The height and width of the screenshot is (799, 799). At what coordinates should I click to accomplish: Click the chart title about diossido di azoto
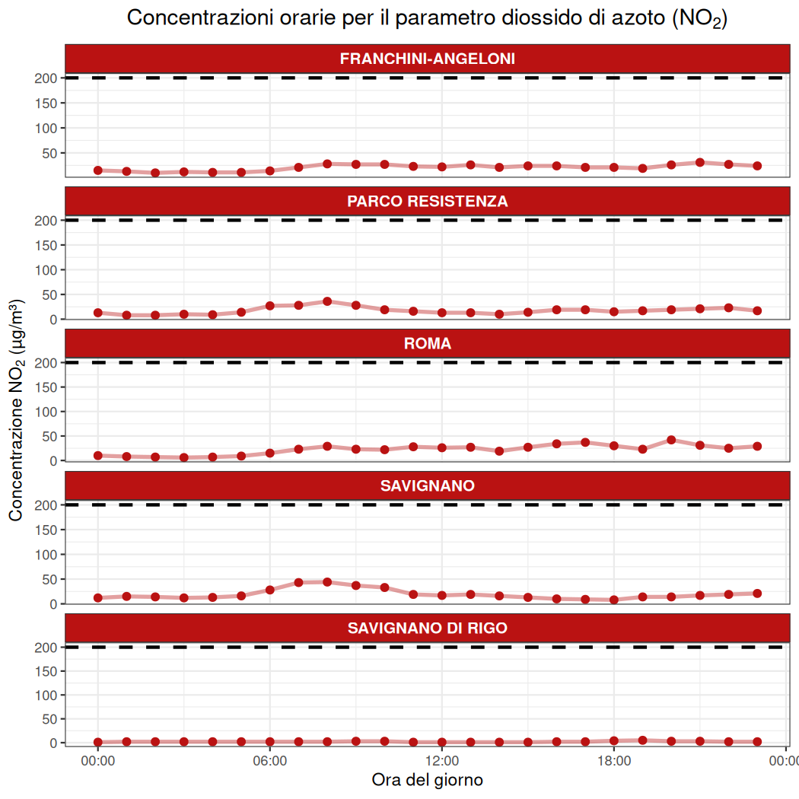[x=427, y=18]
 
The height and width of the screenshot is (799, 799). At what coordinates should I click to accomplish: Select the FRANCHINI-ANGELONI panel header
[x=427, y=59]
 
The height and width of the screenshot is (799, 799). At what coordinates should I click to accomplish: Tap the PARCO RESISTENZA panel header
[x=427, y=201]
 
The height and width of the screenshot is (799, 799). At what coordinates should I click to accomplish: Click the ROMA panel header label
[x=427, y=343]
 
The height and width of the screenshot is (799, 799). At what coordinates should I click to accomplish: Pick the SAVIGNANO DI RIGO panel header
[x=427, y=628]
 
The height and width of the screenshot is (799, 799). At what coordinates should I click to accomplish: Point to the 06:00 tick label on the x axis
[x=269, y=759]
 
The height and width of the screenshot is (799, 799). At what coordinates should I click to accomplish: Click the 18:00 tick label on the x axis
[x=614, y=759]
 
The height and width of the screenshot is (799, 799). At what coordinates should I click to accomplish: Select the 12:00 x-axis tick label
[x=442, y=759]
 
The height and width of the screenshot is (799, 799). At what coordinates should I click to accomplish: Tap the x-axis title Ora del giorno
[x=427, y=780]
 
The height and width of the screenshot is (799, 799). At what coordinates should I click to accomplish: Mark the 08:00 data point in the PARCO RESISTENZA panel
[x=327, y=301]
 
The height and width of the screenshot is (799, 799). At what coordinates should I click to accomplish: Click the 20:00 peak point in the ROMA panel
[x=671, y=440]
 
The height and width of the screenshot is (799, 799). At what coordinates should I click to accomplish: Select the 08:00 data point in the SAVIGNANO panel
[x=327, y=582]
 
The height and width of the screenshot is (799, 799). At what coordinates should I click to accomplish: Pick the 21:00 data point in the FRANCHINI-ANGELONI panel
[x=700, y=162]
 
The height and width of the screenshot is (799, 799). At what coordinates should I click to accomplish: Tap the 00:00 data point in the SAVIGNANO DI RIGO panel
[x=98, y=742]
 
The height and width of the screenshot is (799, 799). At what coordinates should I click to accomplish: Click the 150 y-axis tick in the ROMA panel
[x=48, y=387]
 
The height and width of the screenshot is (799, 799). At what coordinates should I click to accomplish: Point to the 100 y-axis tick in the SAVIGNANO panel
[x=48, y=555]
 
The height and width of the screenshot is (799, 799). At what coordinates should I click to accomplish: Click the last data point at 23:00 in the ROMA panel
[x=757, y=446]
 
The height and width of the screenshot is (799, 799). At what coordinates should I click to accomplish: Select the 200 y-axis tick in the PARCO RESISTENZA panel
[x=48, y=221]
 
